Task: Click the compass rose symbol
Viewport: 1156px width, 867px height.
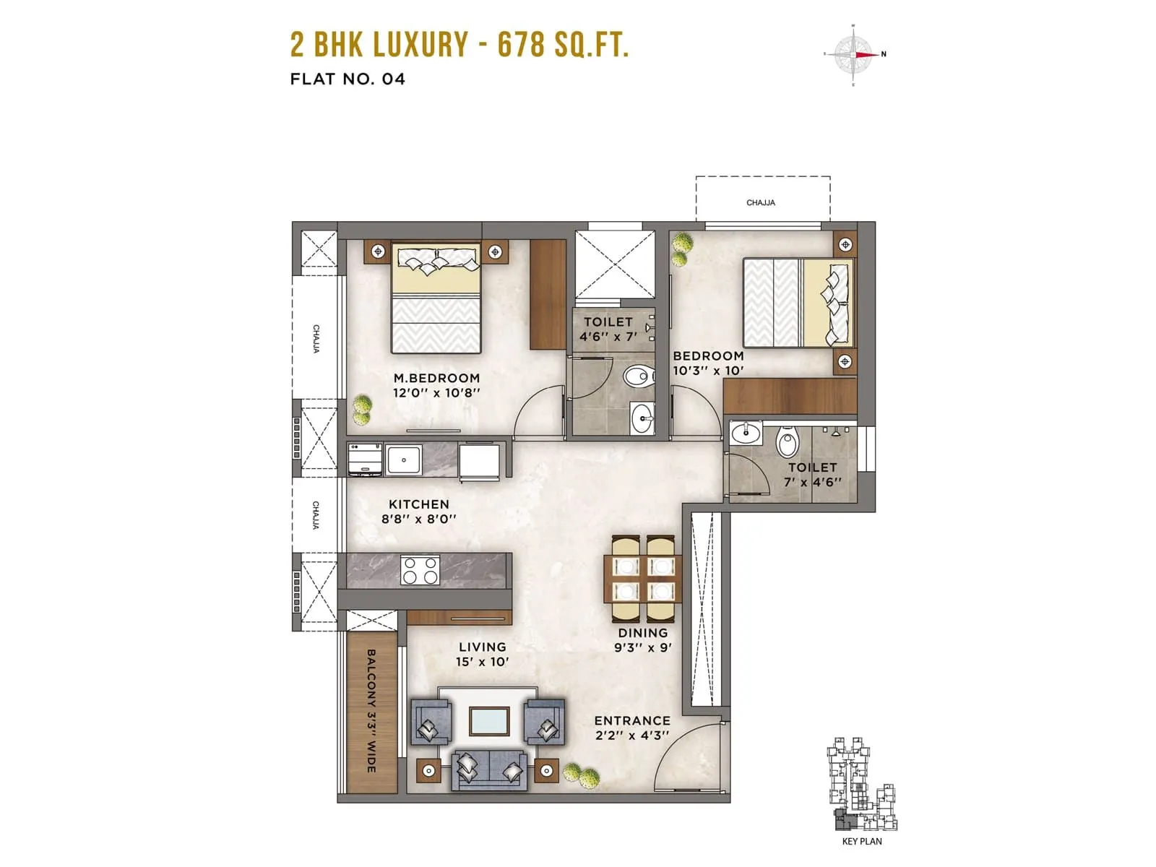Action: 854,55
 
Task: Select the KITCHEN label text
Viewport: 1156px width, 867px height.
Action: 419,504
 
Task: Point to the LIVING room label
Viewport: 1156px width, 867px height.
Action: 482,647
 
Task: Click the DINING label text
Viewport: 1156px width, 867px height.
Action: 642,633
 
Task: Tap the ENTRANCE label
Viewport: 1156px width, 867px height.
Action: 632,720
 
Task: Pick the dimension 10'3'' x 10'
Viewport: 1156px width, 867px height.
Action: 708,371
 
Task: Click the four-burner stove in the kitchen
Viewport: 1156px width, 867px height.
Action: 420,569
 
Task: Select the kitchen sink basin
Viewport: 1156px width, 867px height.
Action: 403,460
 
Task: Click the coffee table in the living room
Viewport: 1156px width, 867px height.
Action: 489,720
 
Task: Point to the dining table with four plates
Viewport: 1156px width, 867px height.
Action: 643,579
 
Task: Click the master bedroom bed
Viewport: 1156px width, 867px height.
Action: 436,298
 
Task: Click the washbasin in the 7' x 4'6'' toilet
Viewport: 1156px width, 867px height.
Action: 745,434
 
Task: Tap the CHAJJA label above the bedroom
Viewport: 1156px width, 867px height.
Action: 761,203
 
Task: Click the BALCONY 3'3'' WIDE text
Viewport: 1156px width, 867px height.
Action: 371,711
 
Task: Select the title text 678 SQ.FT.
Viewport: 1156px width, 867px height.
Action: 563,45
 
